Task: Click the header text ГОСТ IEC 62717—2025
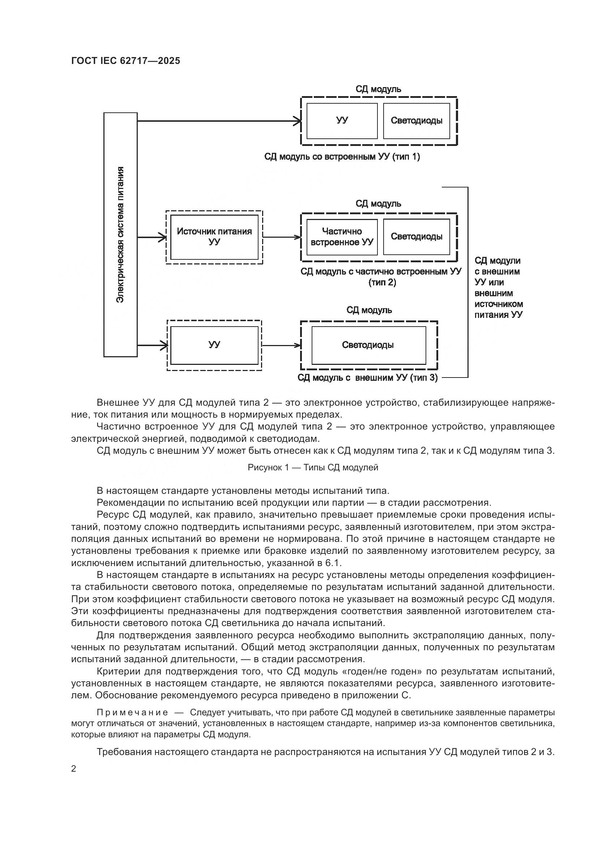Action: pyautogui.click(x=125, y=61)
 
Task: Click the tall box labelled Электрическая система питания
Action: pyautogui.click(x=120, y=234)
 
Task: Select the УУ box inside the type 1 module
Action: pyautogui.click(x=342, y=121)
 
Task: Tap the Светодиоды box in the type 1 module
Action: pyautogui.click(x=417, y=121)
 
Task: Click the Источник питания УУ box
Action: pyautogui.click(x=214, y=237)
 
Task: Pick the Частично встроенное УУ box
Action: pyautogui.click(x=342, y=237)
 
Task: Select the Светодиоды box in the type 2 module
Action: pyautogui.click(x=417, y=237)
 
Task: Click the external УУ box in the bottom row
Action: pyautogui.click(x=214, y=345)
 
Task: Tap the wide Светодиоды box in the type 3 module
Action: pyautogui.click(x=368, y=345)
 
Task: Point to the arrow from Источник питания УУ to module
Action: pyautogui.click(x=282, y=237)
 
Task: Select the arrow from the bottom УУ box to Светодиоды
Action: pyautogui.click(x=282, y=345)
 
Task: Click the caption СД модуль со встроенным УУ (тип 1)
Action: pyautogui.click(x=342, y=157)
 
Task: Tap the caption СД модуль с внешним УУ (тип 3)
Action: pyautogui.click(x=367, y=378)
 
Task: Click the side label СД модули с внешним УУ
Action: pyautogui.click(x=499, y=288)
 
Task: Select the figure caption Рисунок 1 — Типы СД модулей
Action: pyautogui.click(x=313, y=467)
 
